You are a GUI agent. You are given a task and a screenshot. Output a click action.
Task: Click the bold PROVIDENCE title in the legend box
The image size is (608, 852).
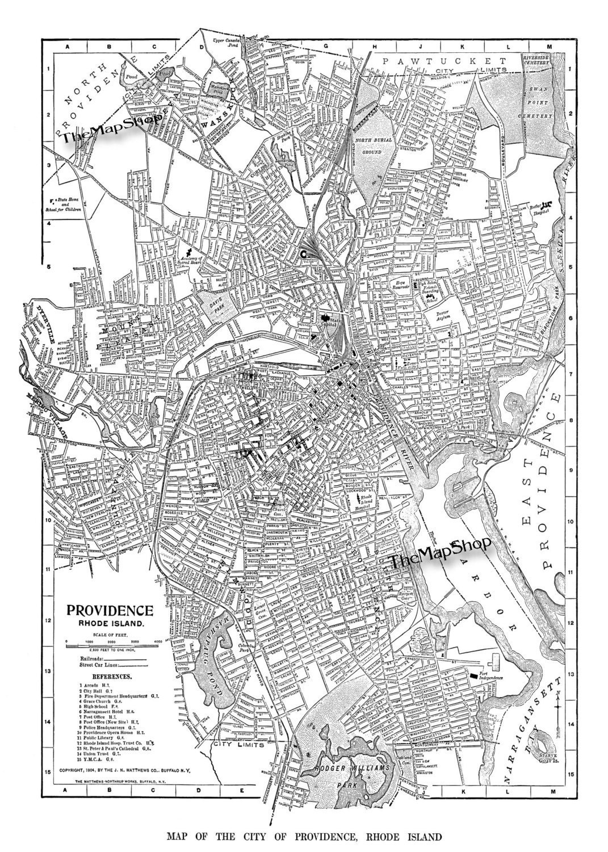coord(110,611)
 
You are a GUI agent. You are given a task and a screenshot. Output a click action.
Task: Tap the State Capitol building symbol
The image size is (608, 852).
coord(326,319)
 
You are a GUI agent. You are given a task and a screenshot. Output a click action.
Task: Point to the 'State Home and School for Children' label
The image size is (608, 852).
coord(68,204)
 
